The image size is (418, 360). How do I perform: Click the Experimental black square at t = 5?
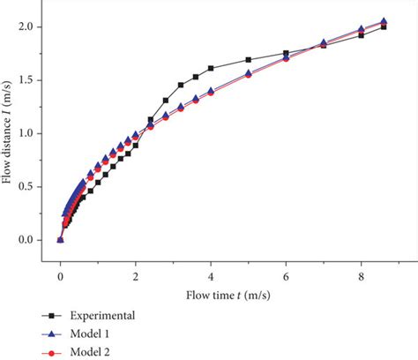click(249, 60)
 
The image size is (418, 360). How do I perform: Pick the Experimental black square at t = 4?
click(211, 68)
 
